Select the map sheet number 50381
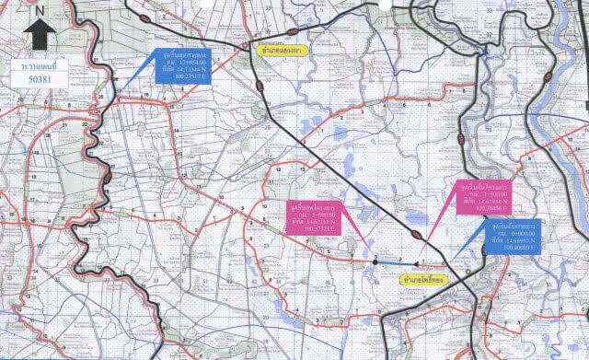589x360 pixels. coord(35,81)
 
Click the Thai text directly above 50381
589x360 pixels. coord(35,66)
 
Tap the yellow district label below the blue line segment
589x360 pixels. coord(419,276)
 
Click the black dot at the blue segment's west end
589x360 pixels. coord(375,262)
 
